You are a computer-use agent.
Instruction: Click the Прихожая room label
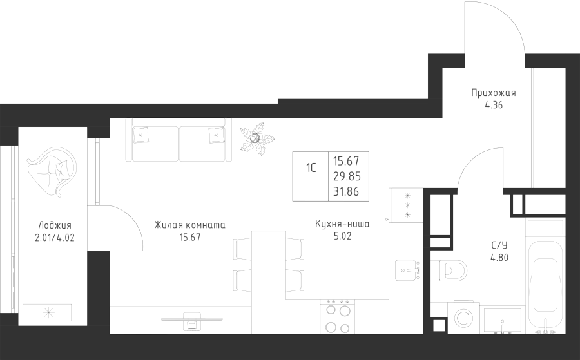coord(494,93)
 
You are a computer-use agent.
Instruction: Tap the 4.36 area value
coord(494,106)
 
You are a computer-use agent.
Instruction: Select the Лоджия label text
coord(55,225)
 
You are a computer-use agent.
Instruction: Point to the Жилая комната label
coord(189,225)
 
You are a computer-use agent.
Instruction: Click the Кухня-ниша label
coord(342,224)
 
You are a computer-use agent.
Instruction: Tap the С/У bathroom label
coord(499,245)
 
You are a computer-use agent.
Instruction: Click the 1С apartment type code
coord(311,168)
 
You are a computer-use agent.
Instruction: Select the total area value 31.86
coord(347,192)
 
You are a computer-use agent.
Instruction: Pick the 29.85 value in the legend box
coord(347,176)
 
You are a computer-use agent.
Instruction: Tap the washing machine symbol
coord(463,318)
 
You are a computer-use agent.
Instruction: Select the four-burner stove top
coord(337,317)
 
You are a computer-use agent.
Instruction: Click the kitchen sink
coord(407,270)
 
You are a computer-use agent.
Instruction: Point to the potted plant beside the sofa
coord(256,138)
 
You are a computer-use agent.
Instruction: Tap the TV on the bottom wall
coord(192,321)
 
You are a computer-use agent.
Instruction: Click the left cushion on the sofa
coord(140,135)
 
